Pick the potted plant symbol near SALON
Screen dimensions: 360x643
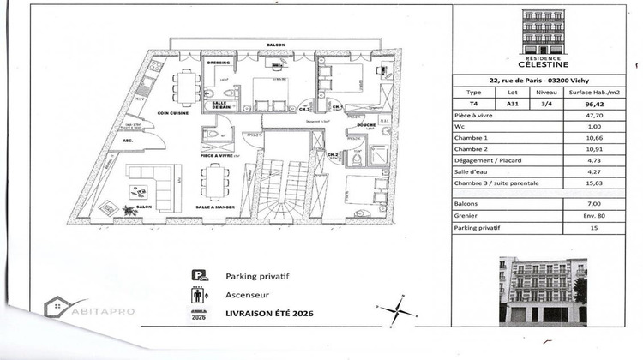129,208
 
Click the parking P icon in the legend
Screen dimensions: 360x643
199,276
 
